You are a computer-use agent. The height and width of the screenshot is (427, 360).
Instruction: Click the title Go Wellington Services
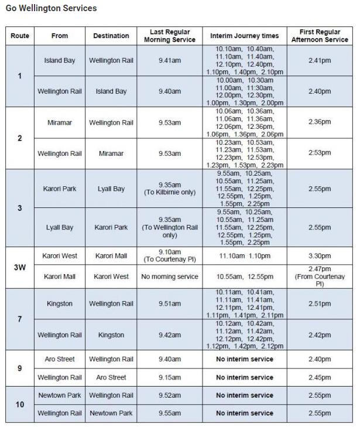[x=51, y=9]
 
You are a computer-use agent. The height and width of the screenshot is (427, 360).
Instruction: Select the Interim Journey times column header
[x=244, y=36]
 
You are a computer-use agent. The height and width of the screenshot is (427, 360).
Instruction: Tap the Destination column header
[x=111, y=36]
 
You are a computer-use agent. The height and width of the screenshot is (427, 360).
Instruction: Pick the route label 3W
[x=20, y=267]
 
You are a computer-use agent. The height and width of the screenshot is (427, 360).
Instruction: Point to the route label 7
[x=20, y=319]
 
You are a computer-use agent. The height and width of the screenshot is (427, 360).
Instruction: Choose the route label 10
[x=20, y=404]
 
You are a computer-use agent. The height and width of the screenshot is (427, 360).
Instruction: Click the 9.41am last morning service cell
[x=170, y=60]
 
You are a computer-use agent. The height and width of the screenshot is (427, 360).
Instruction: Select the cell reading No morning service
[x=170, y=276]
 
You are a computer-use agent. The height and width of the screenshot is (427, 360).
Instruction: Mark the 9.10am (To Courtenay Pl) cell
[x=170, y=256]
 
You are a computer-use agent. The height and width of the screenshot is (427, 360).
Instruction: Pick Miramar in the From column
[x=60, y=122]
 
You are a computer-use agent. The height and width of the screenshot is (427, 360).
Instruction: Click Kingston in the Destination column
[x=111, y=335]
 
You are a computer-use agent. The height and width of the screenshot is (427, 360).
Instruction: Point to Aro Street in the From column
[x=60, y=359]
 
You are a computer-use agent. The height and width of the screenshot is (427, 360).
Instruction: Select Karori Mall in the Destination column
[x=111, y=256]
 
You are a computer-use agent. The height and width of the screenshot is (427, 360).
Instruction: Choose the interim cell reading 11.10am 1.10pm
[x=244, y=256]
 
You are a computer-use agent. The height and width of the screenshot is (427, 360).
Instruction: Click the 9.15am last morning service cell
[x=170, y=377]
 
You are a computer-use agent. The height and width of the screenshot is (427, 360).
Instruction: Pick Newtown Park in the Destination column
[x=111, y=413]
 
